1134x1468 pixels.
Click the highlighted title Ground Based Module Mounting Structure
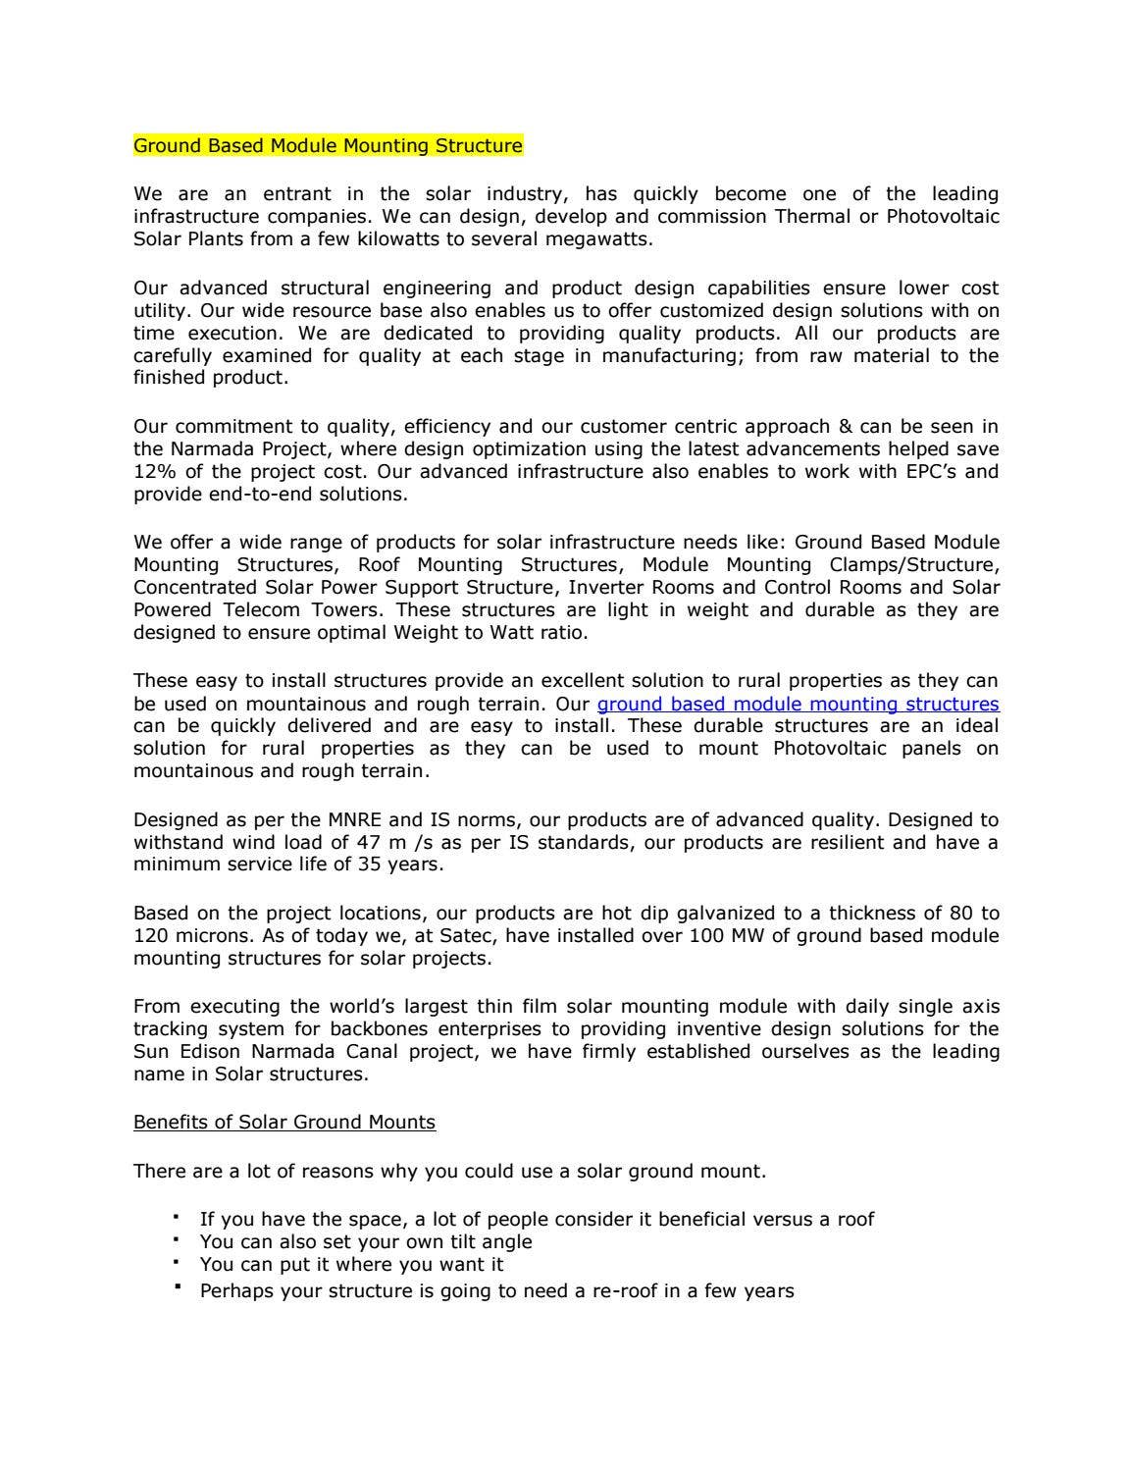click(328, 146)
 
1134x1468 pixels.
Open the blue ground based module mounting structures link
click(798, 704)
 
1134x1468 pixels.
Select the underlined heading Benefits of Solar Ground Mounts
click(284, 1122)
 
